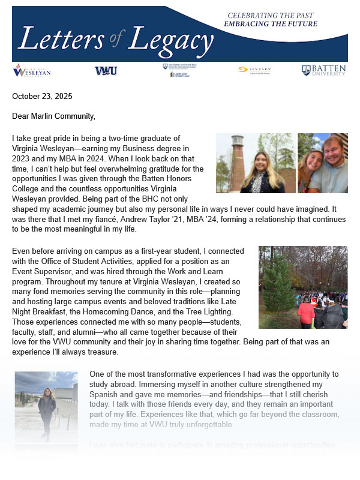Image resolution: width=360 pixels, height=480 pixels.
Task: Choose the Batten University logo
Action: (323, 70)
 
